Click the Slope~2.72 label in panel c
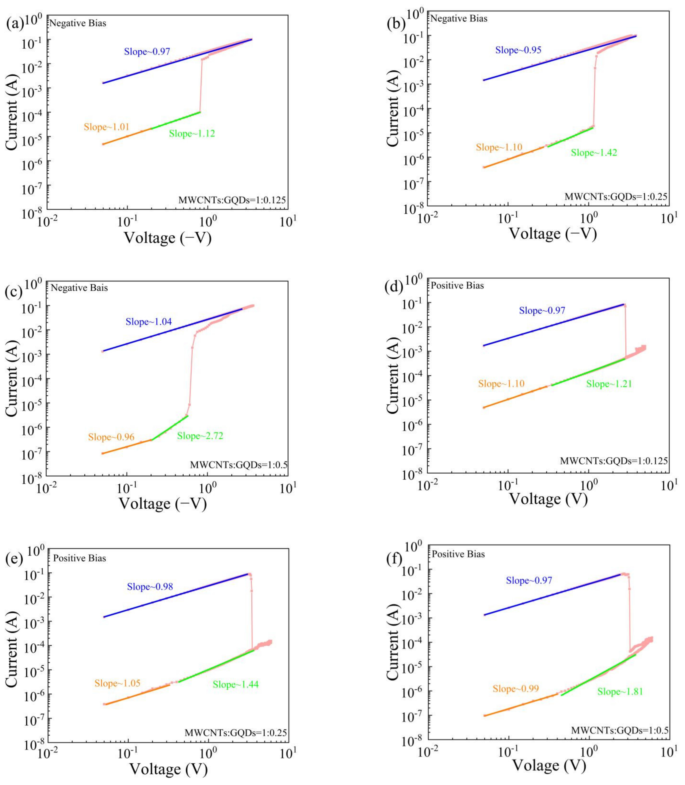[x=200, y=436]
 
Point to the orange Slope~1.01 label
[x=107, y=127]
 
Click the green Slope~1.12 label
[x=192, y=133]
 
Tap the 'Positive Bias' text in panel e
[x=80, y=558]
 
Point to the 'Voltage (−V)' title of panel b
[x=553, y=233]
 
